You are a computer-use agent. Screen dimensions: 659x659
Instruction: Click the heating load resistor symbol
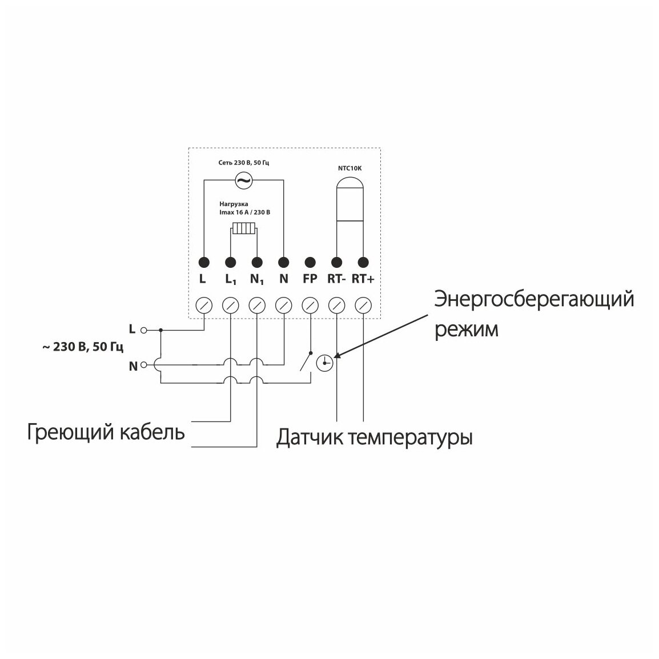[244, 230]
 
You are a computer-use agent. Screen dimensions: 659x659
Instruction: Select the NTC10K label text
[349, 169]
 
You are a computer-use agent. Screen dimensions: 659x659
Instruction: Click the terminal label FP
[310, 280]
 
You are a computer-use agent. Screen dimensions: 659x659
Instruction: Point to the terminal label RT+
[363, 280]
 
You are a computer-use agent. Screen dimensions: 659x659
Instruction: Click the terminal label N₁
[258, 280]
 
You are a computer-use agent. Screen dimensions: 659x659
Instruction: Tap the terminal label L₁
[231, 280]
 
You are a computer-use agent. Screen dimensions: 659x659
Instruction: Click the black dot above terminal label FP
[310, 262]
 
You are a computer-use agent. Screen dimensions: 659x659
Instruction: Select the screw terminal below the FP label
[310, 305]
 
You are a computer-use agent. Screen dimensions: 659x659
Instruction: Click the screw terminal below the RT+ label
[363, 305]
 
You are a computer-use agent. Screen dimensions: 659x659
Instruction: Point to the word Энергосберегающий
[534, 299]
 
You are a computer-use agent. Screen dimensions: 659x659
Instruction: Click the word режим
[467, 329]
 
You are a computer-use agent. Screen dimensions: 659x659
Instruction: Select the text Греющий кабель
[106, 432]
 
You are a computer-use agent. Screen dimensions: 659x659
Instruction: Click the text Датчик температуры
[374, 438]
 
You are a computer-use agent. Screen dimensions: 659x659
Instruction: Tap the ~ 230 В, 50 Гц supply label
[82, 347]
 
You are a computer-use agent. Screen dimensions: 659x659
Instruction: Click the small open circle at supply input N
[144, 364]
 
